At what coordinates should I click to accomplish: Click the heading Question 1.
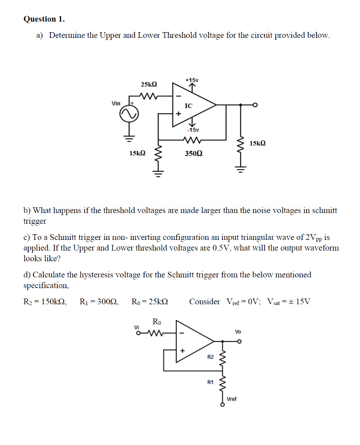coord(44,19)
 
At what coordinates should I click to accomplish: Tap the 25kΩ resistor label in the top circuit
coord(149,84)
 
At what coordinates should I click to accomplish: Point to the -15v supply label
coord(192,130)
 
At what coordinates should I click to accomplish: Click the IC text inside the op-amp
coord(188,106)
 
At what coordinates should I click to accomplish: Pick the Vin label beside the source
coord(116,103)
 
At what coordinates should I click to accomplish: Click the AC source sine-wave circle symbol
coord(129,114)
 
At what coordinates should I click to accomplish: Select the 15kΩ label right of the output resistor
coord(258,143)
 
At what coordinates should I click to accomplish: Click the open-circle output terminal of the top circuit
coord(255,105)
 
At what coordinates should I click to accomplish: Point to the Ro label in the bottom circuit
coord(157,322)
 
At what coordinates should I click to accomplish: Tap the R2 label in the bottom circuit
coord(211,357)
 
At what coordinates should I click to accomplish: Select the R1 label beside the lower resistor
coord(211,382)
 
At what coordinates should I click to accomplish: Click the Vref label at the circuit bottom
coord(232,399)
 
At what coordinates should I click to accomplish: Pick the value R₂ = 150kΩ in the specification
coord(45,302)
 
